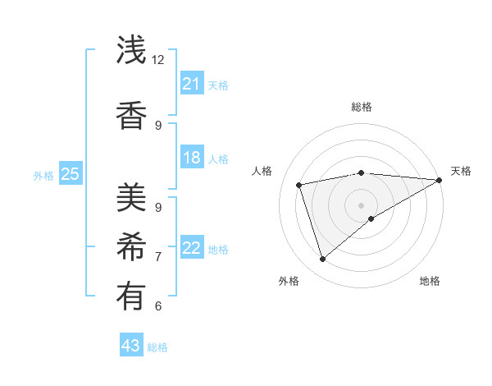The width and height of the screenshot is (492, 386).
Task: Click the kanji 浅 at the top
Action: (132, 51)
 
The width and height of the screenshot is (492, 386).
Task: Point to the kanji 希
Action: (132, 247)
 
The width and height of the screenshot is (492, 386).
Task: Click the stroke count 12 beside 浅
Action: (158, 60)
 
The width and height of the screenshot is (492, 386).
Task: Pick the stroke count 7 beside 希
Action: (158, 257)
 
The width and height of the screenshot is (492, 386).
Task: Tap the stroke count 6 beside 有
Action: (158, 306)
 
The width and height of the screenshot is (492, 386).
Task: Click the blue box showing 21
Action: (191, 84)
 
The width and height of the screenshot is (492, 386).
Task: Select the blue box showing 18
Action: (191, 158)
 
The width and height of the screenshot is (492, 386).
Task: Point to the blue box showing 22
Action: (191, 248)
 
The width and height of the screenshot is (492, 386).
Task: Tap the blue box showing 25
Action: (70, 174)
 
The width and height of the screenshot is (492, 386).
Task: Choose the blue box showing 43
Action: (131, 346)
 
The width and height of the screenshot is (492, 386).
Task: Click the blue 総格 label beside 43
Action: (157, 347)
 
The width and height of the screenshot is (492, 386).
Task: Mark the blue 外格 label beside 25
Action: (43, 175)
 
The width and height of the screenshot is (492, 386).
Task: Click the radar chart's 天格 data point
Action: (440, 180)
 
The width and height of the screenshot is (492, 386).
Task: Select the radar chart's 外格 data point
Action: (322, 260)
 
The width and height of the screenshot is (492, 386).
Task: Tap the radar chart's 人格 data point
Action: (299, 185)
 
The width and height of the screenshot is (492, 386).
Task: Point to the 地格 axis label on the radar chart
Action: (430, 282)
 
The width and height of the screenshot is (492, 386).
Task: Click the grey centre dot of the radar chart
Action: (361, 204)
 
